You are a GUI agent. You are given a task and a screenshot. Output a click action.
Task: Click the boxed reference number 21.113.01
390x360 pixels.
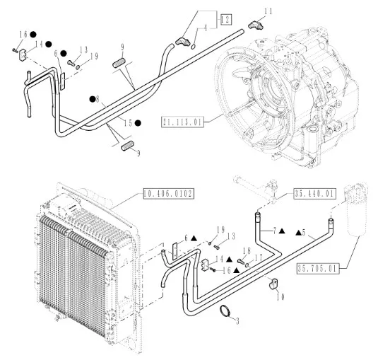pos(182,122)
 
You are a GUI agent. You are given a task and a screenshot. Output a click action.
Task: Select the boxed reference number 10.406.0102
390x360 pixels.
pos(169,194)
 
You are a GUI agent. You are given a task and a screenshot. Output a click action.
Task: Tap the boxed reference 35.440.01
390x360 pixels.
pos(315,194)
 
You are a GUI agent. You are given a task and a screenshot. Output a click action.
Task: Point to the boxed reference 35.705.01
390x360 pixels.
pos(318,269)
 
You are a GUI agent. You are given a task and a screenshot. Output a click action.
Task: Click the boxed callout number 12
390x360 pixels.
pos(226,20)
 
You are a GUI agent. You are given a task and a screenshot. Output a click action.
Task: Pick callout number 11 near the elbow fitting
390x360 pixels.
pos(268,11)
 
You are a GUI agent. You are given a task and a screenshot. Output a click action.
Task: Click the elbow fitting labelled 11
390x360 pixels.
pos(254,25)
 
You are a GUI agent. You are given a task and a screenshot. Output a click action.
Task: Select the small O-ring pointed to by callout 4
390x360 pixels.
pos(194,46)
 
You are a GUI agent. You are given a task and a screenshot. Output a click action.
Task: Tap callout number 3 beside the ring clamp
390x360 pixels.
pos(237,321)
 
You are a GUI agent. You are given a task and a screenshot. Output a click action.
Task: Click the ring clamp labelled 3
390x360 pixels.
pos(225,311)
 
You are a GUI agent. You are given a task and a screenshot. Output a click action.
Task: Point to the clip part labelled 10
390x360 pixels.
pos(274,284)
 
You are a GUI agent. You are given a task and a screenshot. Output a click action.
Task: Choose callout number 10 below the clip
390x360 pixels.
pos(280,297)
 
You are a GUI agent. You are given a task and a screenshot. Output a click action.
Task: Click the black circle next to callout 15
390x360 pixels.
pos(138,123)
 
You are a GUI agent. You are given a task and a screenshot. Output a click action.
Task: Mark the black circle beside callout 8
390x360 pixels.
pos(93,99)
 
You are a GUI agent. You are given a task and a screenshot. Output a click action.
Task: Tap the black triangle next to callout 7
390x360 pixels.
pos(282,231)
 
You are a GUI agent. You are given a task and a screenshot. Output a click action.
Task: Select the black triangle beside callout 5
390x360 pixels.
pos(298,233)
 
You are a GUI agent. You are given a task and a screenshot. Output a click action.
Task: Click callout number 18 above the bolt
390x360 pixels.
pos(247,250)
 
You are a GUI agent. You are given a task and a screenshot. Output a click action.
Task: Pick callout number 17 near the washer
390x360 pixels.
pos(259,257)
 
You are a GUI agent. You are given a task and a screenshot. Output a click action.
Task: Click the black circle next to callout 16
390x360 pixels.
pos(33,35)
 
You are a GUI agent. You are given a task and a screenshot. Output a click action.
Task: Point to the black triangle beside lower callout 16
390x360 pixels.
pos(236,270)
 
